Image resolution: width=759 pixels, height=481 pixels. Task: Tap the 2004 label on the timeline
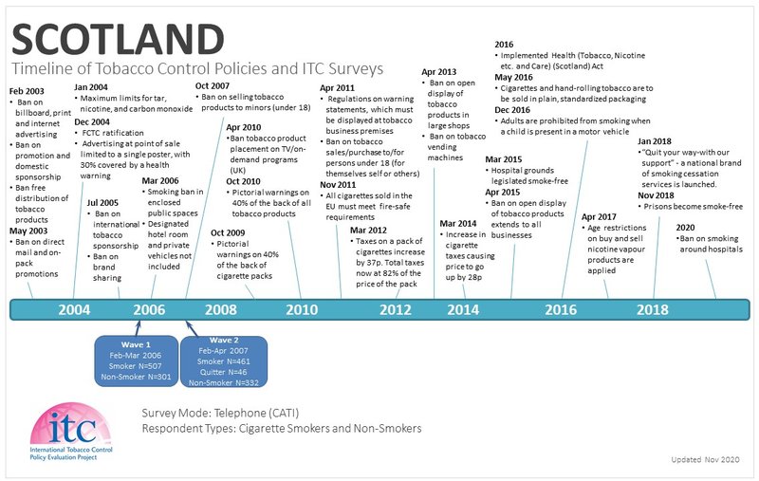coord(74,309)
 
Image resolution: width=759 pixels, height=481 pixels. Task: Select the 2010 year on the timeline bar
coord(303,309)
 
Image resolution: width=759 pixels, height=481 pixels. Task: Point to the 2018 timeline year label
coord(652,309)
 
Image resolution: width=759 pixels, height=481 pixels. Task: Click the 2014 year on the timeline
coord(462,309)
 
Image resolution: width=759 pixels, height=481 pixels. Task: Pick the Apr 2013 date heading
coord(439,72)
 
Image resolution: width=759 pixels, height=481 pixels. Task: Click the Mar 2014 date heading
coord(459,224)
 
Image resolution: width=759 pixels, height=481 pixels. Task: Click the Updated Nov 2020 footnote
coord(705,459)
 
